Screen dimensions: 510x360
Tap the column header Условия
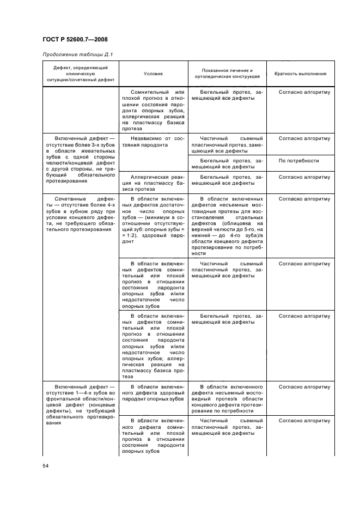(x=153, y=74)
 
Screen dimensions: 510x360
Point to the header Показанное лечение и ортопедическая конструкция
(x=227, y=74)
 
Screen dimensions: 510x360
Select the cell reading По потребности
(x=298, y=161)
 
